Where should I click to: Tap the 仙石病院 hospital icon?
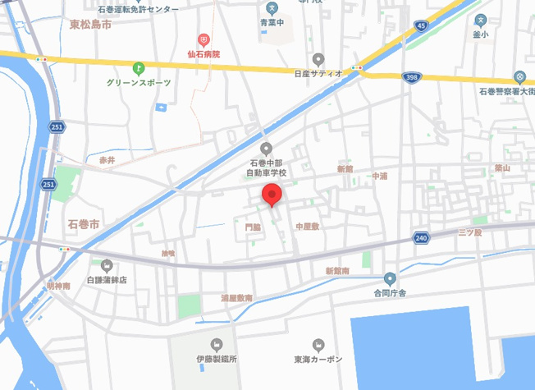pyautogui.click(x=204, y=39)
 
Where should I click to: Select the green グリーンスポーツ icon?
pyautogui.click(x=139, y=68)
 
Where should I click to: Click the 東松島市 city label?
pyautogui.click(x=89, y=25)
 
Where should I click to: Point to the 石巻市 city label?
pyautogui.click(x=83, y=223)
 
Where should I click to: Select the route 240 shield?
pyautogui.click(x=421, y=238)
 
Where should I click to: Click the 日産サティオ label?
pyautogui.click(x=318, y=73)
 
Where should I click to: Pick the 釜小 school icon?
pyautogui.click(x=481, y=21)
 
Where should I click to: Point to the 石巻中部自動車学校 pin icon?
pyautogui.click(x=266, y=148)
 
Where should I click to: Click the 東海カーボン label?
pyautogui.click(x=318, y=359)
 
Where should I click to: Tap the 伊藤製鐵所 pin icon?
pyautogui.click(x=217, y=345)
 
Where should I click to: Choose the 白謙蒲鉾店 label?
pyautogui.click(x=107, y=279)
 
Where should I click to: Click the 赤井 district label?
pyautogui.click(x=107, y=159)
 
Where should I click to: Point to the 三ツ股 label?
pyautogui.click(x=470, y=232)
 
